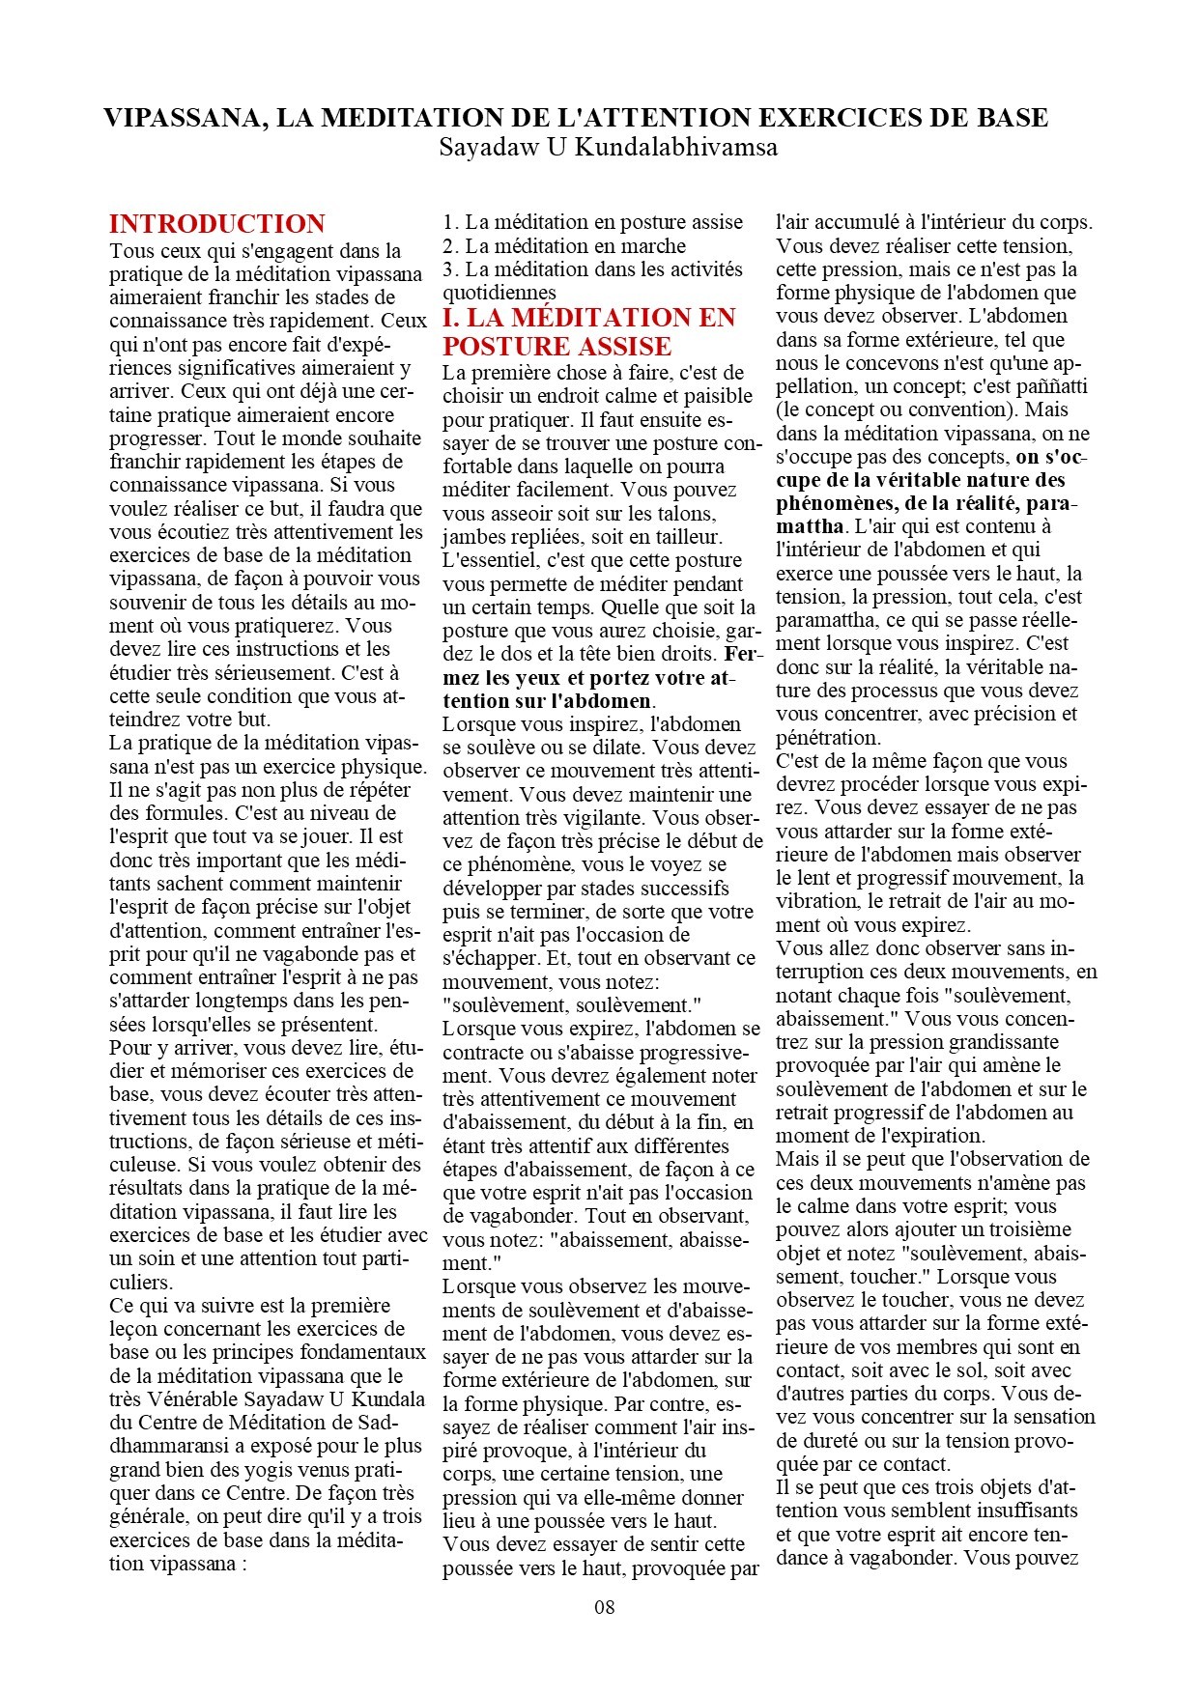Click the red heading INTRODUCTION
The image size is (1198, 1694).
pyautogui.click(x=216, y=224)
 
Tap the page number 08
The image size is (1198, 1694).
pyautogui.click(x=604, y=1607)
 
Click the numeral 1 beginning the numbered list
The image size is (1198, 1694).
pyautogui.click(x=448, y=223)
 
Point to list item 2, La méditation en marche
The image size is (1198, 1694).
pyautogui.click(x=563, y=246)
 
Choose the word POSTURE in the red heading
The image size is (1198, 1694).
pyautogui.click(x=502, y=346)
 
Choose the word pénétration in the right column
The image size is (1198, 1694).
pyautogui.click(x=828, y=738)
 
